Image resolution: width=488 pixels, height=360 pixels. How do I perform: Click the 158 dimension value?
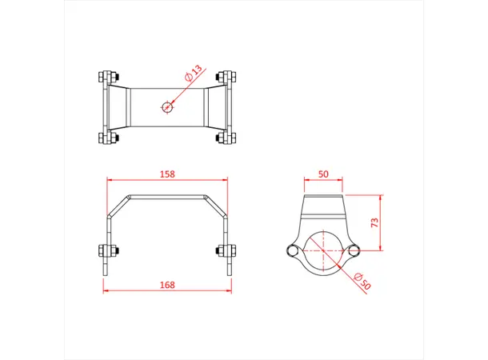click(x=167, y=174)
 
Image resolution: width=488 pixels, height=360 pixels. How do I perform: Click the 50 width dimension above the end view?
click(x=324, y=174)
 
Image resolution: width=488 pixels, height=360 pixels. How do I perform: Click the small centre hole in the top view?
click(x=166, y=106)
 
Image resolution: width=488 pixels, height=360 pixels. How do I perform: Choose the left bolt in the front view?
click(x=107, y=250)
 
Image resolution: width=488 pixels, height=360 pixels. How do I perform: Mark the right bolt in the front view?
click(x=226, y=250)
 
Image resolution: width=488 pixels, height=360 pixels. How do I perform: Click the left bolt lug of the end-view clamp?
click(x=293, y=251)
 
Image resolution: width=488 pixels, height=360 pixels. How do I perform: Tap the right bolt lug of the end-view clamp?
click(x=354, y=251)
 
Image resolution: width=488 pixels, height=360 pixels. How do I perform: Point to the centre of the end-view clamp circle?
click(x=324, y=251)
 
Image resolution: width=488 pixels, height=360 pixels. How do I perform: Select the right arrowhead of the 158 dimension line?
click(x=226, y=182)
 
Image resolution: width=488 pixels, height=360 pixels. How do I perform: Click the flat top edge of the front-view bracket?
click(x=167, y=196)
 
